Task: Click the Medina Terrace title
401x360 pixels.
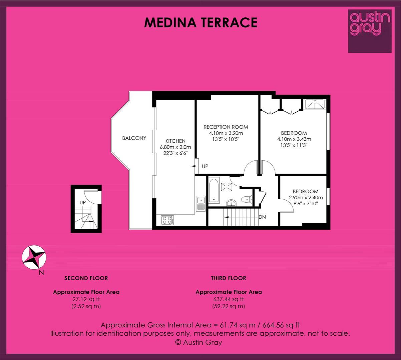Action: (x=200, y=22)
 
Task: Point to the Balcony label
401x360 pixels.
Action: (x=134, y=138)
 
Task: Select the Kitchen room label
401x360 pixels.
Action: (x=175, y=141)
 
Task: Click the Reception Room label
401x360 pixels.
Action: (x=226, y=127)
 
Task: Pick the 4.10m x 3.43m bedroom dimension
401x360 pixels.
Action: (x=294, y=139)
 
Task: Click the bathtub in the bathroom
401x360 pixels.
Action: (x=214, y=191)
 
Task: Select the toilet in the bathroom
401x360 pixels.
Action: (x=246, y=199)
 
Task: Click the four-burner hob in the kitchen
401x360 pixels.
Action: (x=167, y=220)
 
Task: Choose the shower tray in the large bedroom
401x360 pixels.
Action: (x=315, y=104)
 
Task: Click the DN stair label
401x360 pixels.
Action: (x=262, y=217)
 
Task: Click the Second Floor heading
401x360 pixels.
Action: (x=86, y=278)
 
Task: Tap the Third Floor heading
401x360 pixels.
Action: (x=229, y=278)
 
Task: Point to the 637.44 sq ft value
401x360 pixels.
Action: (x=229, y=299)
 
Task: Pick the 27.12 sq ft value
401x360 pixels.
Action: (x=86, y=299)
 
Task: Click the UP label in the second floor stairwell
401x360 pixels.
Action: (x=82, y=202)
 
